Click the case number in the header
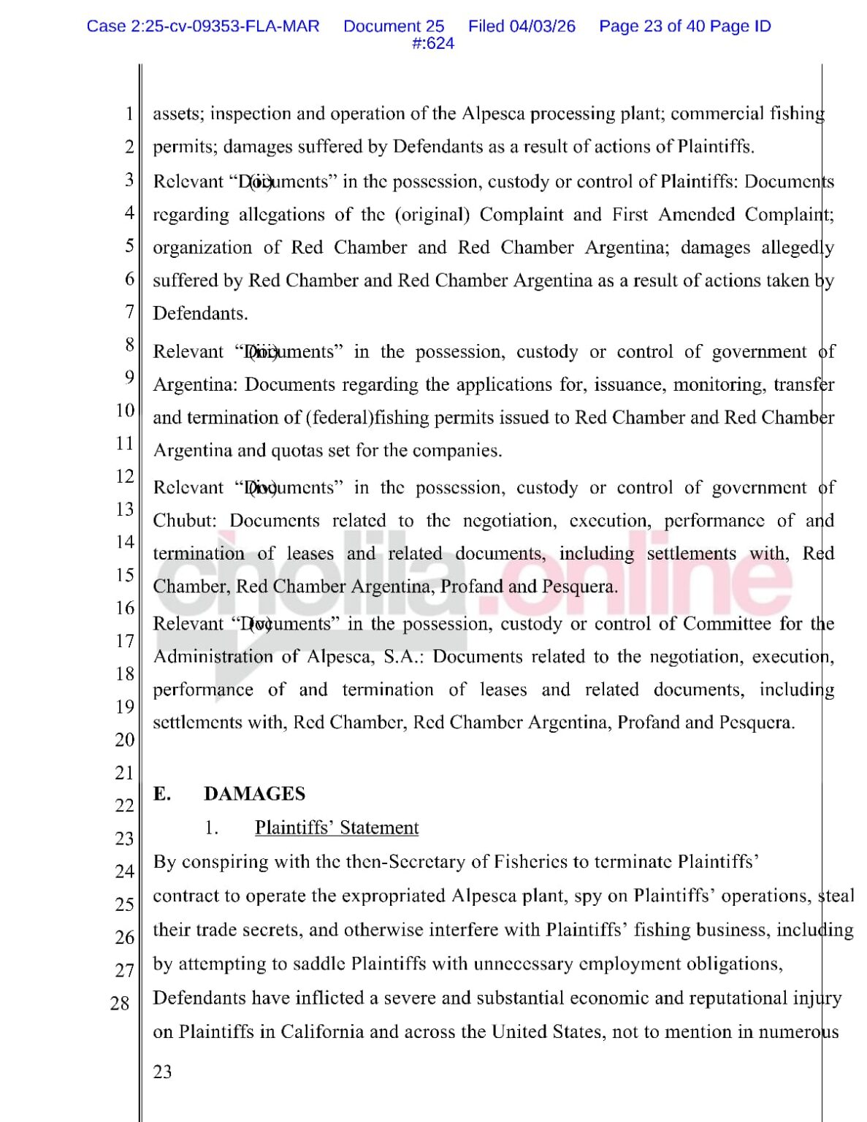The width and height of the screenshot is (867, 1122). click(x=203, y=26)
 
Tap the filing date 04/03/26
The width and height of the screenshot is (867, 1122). click(x=542, y=26)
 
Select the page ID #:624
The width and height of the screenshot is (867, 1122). click(x=433, y=43)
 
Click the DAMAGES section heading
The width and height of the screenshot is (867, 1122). click(x=254, y=793)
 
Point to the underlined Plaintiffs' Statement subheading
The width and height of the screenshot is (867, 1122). click(x=337, y=828)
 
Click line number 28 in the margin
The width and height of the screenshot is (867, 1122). click(x=120, y=1003)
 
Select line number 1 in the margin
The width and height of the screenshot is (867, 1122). click(x=129, y=114)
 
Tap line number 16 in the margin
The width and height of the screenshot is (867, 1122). click(x=124, y=608)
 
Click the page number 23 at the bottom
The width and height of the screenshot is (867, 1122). click(x=163, y=1072)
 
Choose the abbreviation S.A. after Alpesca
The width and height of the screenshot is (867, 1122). click(x=403, y=656)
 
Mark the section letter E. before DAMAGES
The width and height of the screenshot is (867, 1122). click(x=162, y=793)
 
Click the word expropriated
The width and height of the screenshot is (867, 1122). click(x=395, y=896)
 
